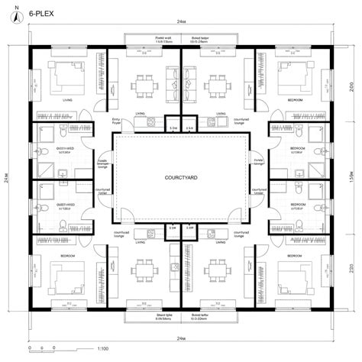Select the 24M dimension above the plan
click(x=180, y=24)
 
